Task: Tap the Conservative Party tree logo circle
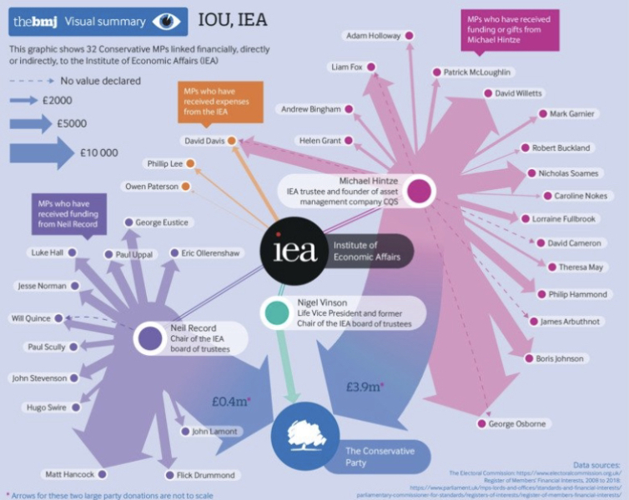304,433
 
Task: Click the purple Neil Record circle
150,338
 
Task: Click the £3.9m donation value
365,386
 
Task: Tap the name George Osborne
518,424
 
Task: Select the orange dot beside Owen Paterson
185,186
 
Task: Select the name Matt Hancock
66,473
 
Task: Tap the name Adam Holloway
373,36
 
